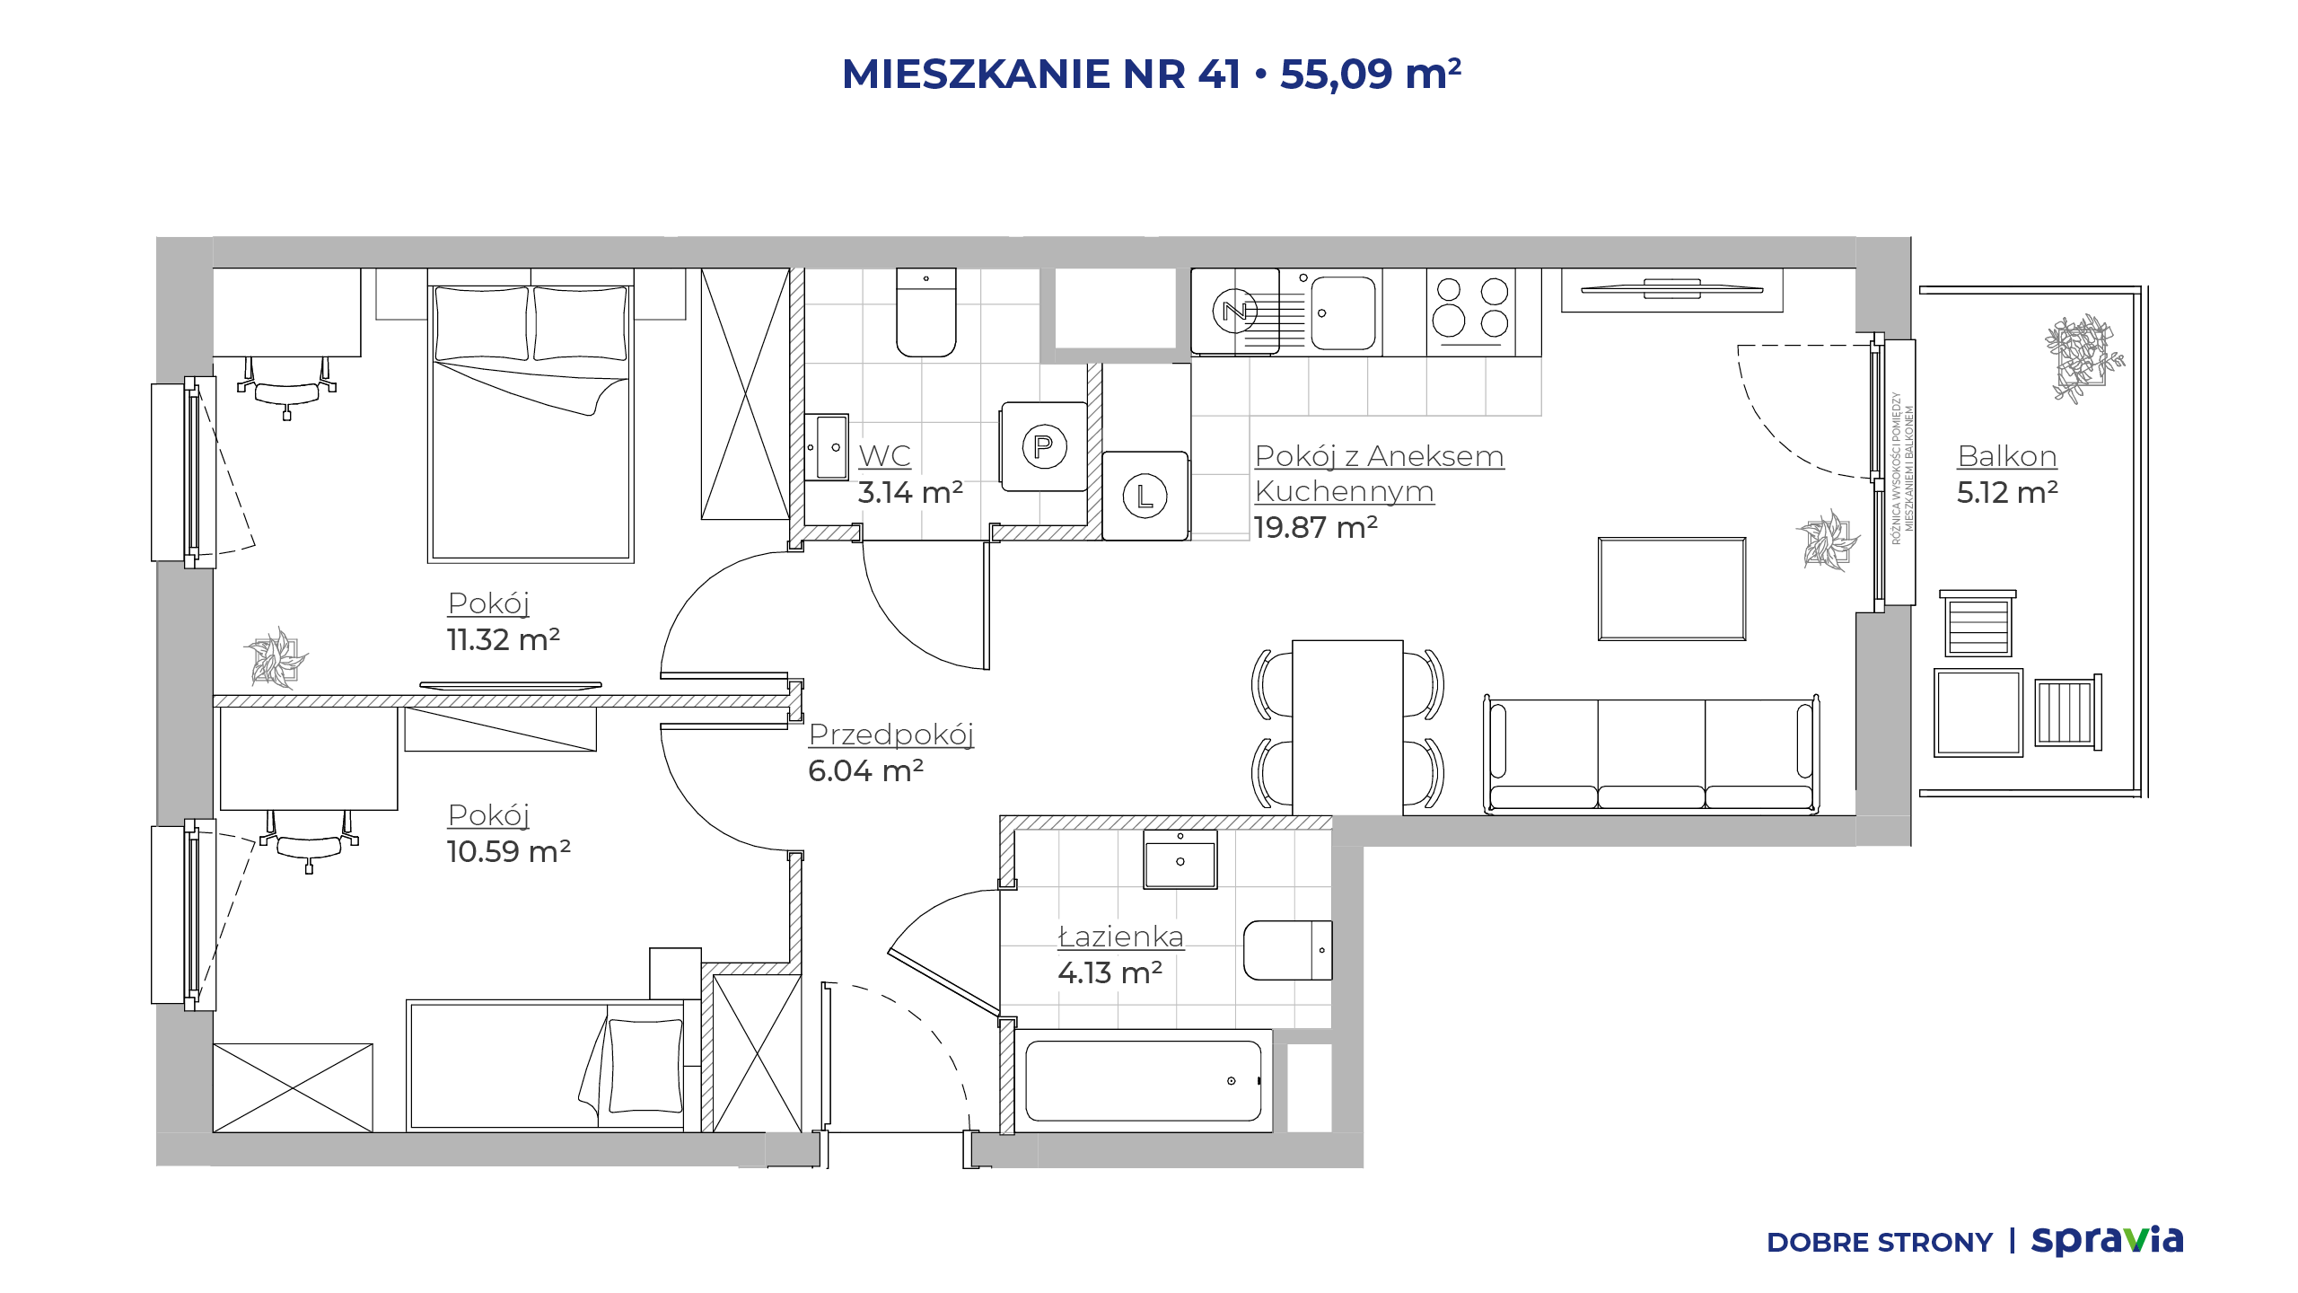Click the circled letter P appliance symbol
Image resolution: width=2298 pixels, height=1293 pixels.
(1044, 446)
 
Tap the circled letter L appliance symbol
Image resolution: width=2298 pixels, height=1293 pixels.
(1145, 496)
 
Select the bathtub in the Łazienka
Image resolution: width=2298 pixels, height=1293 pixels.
(1144, 1081)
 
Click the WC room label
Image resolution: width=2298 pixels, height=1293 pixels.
(884, 456)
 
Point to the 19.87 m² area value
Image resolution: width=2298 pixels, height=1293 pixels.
(1316, 527)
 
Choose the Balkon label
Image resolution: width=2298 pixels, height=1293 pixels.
(2007, 456)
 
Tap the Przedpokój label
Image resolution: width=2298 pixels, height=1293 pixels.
(891, 735)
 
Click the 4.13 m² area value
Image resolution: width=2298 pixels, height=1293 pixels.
(1110, 972)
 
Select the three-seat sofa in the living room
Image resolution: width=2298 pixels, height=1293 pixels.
(1651, 755)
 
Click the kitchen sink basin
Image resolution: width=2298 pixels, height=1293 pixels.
(1343, 312)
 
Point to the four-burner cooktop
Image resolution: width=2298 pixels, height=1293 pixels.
(1471, 311)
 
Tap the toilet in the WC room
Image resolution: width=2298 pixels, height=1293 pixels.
(926, 312)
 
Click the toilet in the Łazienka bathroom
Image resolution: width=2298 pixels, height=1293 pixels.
(1288, 950)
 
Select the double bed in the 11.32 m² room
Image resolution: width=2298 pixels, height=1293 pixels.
(531, 416)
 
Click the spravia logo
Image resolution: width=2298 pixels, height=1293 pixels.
(2108, 1241)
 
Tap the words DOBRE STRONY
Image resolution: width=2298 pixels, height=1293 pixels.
(1880, 1243)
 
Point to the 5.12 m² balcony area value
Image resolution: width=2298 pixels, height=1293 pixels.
(2007, 492)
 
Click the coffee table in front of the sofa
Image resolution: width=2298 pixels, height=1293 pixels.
(1672, 589)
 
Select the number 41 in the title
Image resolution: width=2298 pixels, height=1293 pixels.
(1219, 74)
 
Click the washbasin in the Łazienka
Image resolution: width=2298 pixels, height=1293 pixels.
(1180, 859)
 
